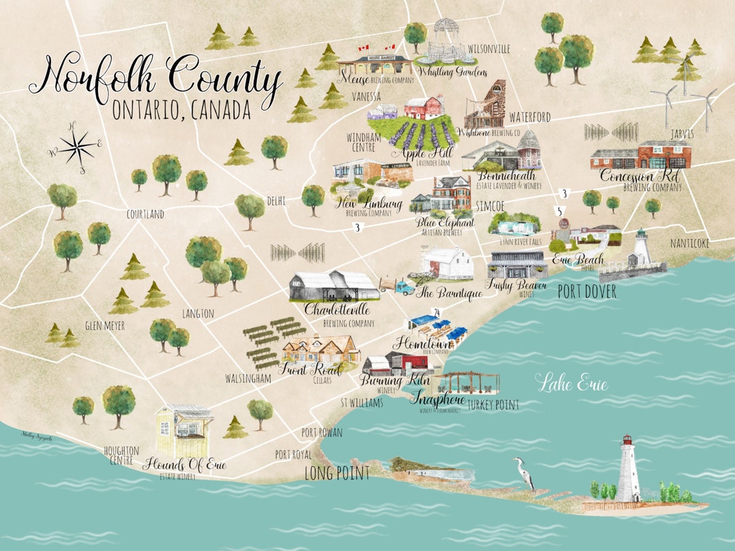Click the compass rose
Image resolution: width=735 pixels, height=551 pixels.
click(x=76, y=146)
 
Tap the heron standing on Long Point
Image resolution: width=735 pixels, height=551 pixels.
click(x=524, y=473)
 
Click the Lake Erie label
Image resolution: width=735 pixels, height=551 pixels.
click(x=571, y=383)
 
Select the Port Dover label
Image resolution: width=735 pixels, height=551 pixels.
click(x=587, y=292)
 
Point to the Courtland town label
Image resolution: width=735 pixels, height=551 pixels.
click(x=145, y=214)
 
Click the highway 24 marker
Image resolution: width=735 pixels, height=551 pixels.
click(x=436, y=312)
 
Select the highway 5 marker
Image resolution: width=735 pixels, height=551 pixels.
click(x=559, y=211)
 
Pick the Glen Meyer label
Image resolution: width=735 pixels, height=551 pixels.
click(x=105, y=326)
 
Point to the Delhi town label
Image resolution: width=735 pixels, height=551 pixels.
click(x=276, y=201)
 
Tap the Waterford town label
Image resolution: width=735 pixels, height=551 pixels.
click(x=529, y=117)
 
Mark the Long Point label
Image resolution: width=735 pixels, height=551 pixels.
click(x=337, y=473)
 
